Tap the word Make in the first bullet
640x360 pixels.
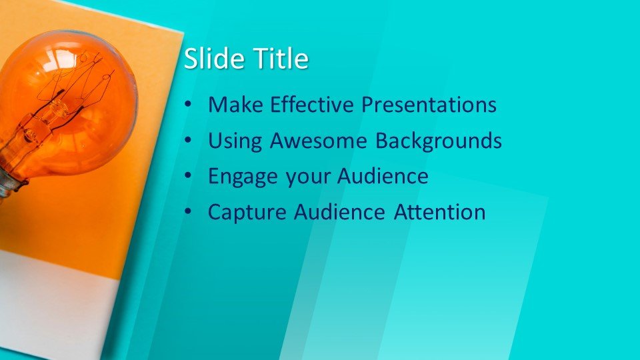pyautogui.click(x=230, y=105)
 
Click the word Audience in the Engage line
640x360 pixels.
pyautogui.click(x=383, y=177)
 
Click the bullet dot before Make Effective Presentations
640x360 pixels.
pyautogui.click(x=189, y=105)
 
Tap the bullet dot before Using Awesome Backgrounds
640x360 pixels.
pyautogui.click(x=189, y=141)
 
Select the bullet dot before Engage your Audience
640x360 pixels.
pyautogui.click(x=189, y=177)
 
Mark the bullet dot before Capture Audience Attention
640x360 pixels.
pyautogui.click(x=189, y=213)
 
